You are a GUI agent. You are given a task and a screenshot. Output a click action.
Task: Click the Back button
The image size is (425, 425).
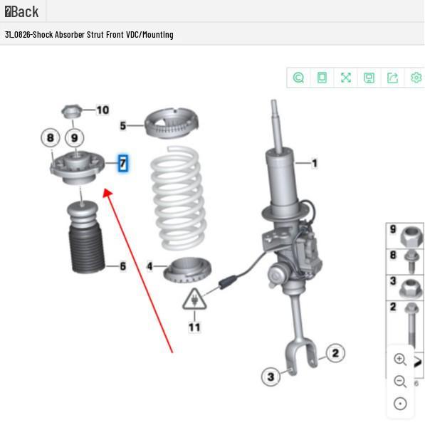pyautogui.click(x=22, y=11)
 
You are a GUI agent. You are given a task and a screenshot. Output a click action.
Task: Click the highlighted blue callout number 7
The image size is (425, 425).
pyautogui.click(x=123, y=164)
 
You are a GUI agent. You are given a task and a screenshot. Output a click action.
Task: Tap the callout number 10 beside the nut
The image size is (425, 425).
pyautogui.click(x=103, y=110)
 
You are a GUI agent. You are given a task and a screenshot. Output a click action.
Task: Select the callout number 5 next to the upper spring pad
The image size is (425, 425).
pyautogui.click(x=122, y=126)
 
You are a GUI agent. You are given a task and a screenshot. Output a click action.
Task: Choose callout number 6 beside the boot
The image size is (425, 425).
pyautogui.click(x=122, y=266)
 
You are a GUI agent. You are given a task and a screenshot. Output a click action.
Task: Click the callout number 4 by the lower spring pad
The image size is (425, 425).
pyautogui.click(x=149, y=266)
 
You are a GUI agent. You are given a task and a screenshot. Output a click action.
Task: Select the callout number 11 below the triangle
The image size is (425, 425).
pyautogui.click(x=194, y=327)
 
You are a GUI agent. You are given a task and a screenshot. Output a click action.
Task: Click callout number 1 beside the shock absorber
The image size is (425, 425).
pyautogui.click(x=314, y=163)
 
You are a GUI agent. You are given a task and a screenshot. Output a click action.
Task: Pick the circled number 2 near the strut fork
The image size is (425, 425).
pyautogui.click(x=335, y=353)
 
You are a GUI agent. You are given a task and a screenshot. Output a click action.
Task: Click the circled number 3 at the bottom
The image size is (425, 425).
pyautogui.click(x=271, y=377)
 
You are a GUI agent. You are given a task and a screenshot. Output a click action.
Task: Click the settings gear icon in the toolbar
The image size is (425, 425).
pyautogui.click(x=416, y=78)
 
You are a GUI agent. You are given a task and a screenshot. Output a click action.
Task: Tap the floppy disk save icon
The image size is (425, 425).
pyautogui.click(x=369, y=78)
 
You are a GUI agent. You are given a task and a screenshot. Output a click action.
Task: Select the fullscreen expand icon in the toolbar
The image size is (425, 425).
pyautogui.click(x=345, y=78)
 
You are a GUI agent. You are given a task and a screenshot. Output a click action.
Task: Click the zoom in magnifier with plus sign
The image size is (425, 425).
pyautogui.click(x=400, y=360)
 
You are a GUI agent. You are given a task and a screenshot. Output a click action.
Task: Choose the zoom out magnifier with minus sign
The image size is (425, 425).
pyautogui.click(x=400, y=382)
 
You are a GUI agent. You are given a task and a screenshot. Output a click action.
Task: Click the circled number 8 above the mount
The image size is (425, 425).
pyautogui.click(x=50, y=137)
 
